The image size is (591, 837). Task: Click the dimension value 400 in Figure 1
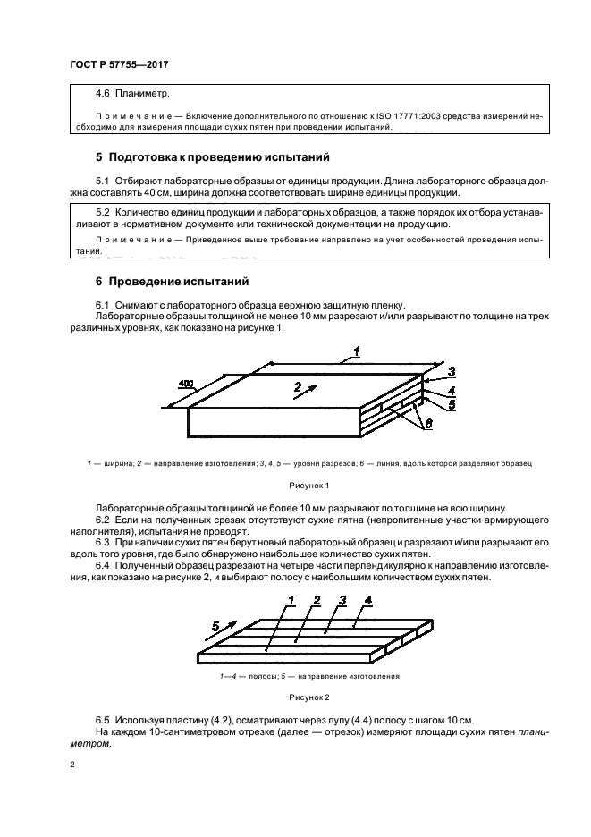click(x=185, y=384)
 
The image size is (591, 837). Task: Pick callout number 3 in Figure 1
click(x=452, y=371)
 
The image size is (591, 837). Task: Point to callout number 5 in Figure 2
click(x=215, y=625)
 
